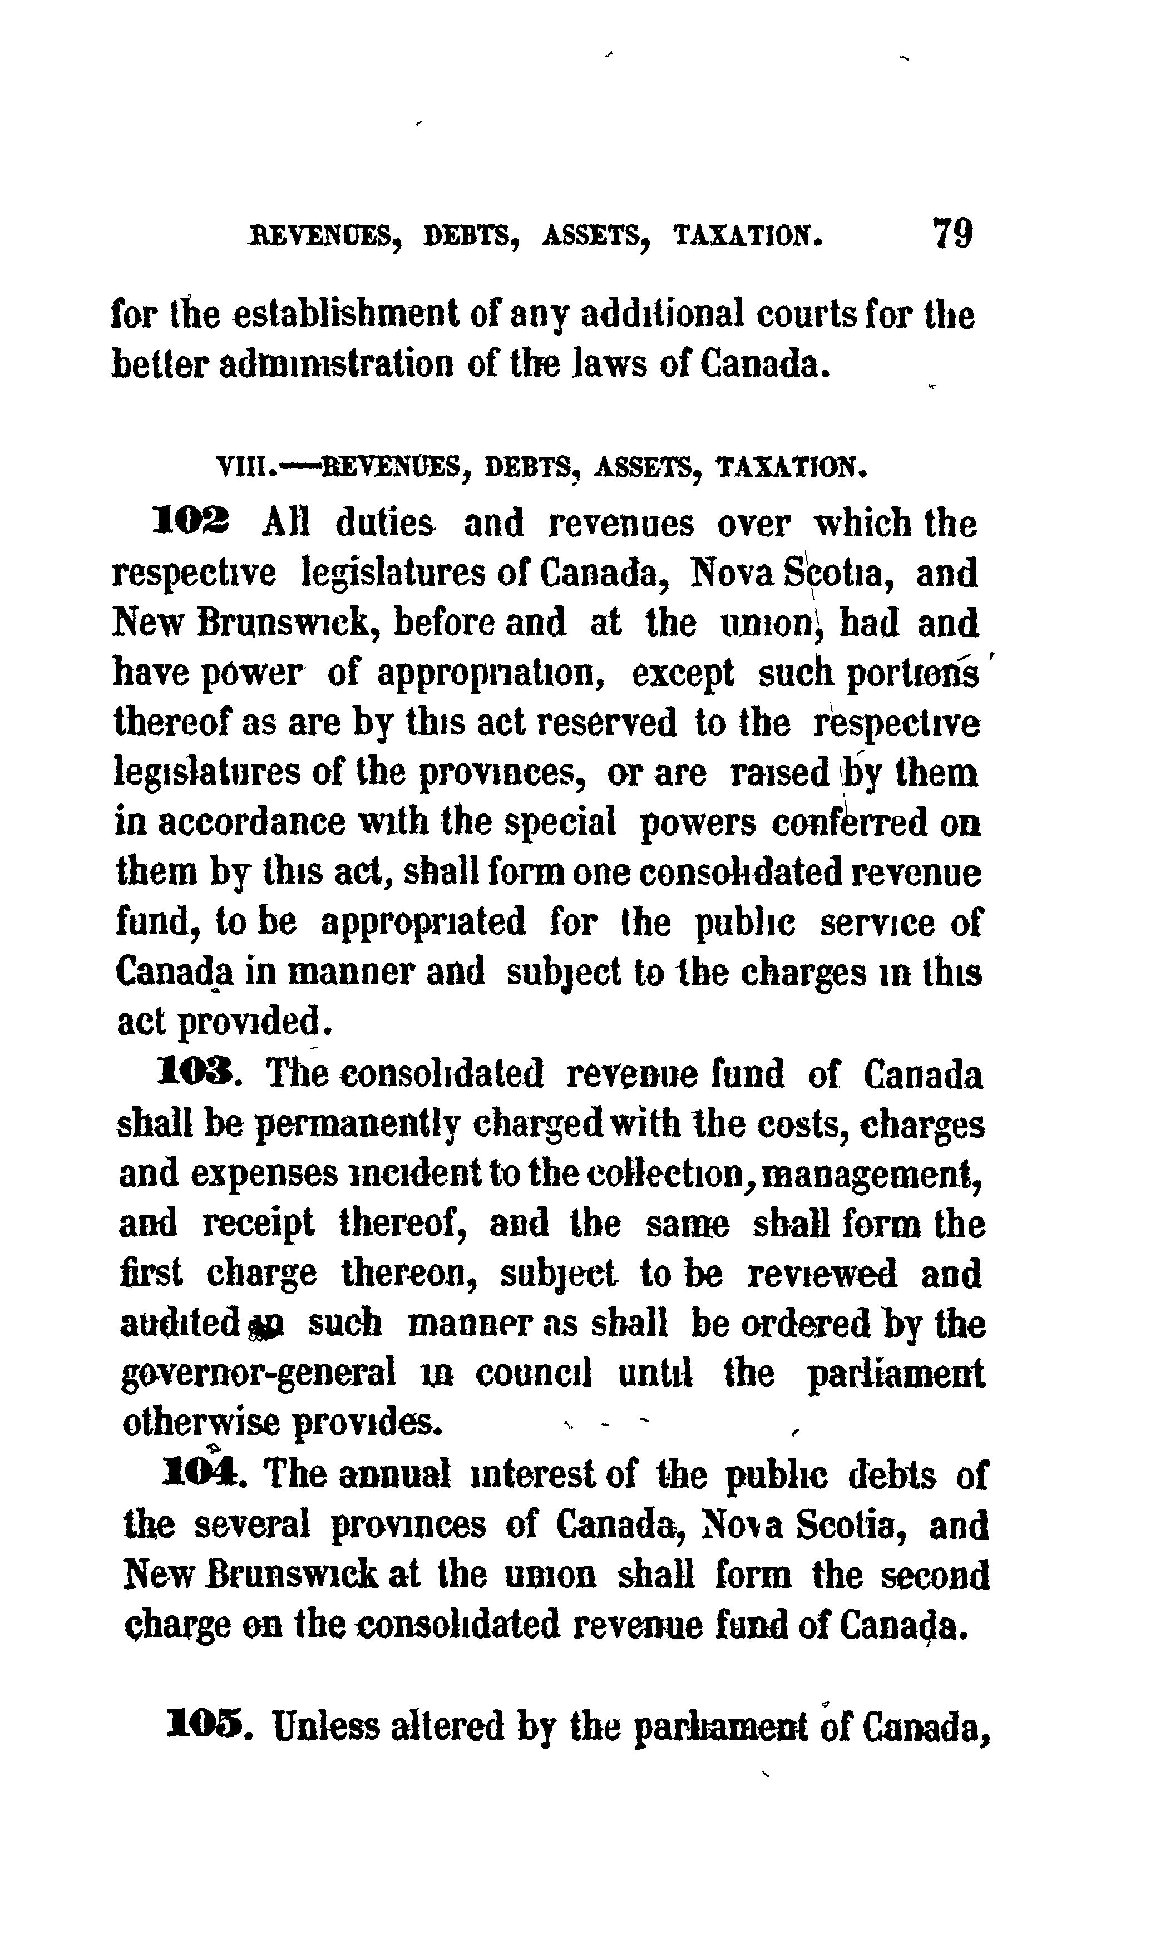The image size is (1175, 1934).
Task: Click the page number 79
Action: tap(952, 233)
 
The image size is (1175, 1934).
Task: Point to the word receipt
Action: tap(259, 1223)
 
